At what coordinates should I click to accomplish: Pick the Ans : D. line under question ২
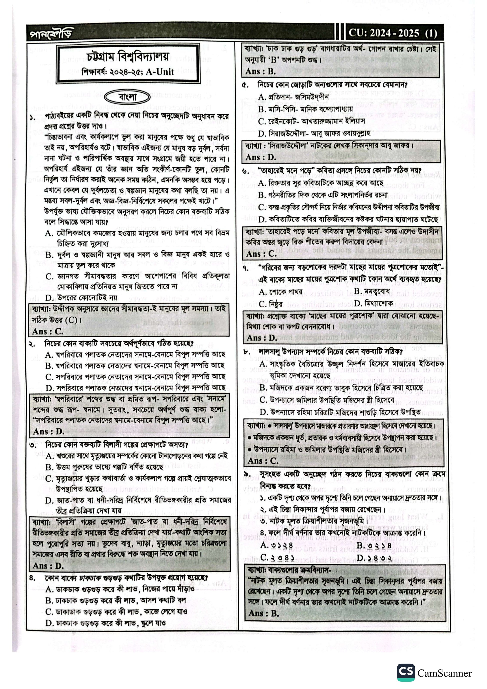click(x=49, y=431)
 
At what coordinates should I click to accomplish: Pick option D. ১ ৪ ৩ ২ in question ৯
click(x=374, y=558)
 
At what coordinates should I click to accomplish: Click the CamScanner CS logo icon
click(x=406, y=672)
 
